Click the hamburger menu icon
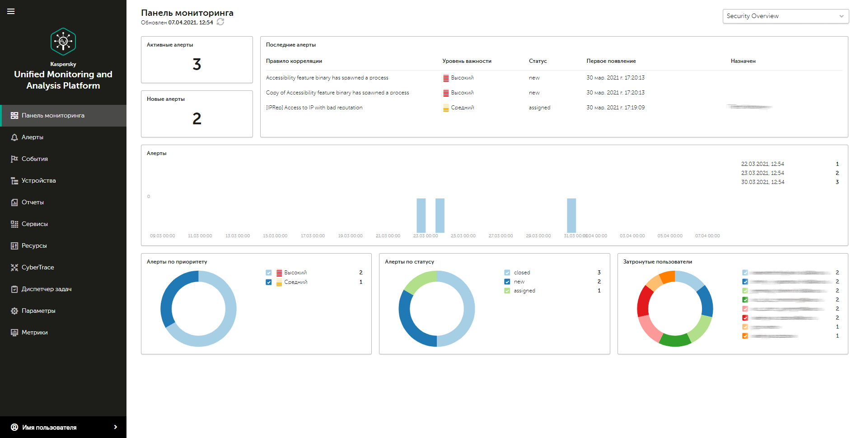tap(11, 11)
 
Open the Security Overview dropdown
tap(786, 16)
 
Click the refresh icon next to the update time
tap(220, 22)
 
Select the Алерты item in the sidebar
tap(33, 137)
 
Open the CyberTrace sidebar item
tap(37, 268)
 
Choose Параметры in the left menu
tap(38, 311)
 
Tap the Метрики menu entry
tap(34, 333)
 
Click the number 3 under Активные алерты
tap(197, 65)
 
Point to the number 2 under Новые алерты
tap(197, 119)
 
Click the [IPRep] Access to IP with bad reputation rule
tap(314, 108)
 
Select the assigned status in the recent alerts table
tap(539, 108)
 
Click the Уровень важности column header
tap(467, 61)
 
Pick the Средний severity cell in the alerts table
tap(462, 108)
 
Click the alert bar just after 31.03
tap(571, 215)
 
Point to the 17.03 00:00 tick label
tap(313, 236)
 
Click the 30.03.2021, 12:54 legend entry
tap(763, 182)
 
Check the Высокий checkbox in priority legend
tap(269, 273)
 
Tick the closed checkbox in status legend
tap(507, 273)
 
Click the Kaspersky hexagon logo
tap(63, 42)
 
